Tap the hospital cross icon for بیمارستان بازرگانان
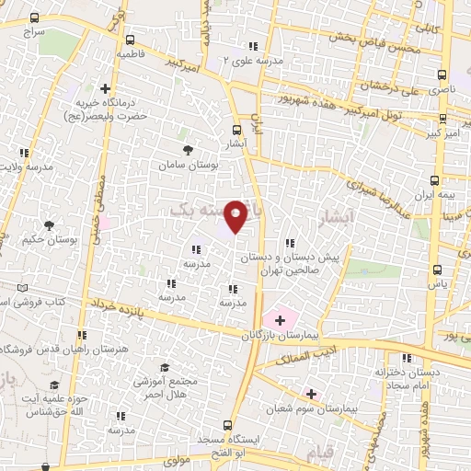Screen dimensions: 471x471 pos(279,319)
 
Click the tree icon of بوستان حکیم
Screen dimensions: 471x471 pos(49,224)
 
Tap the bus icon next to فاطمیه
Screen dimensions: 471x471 pos(130,40)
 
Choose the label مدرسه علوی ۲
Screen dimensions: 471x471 pos(251,60)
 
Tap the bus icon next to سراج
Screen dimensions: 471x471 pos(34,17)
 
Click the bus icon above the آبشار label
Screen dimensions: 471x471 pos(237,130)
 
